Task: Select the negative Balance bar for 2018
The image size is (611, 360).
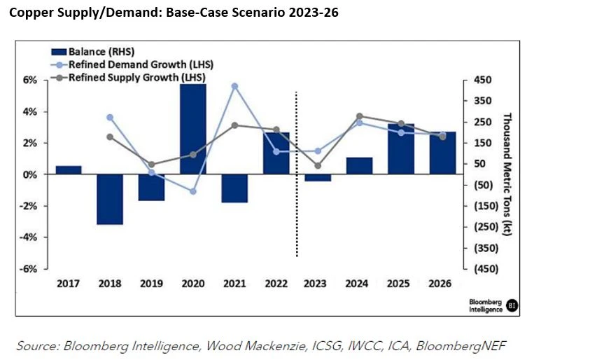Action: tap(110, 199)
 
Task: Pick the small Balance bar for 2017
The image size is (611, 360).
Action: tap(69, 170)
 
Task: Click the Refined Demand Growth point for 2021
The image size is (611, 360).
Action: tap(234, 86)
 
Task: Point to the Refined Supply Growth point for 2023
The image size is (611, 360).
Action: tap(318, 166)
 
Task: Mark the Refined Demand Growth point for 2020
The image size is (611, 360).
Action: tap(193, 191)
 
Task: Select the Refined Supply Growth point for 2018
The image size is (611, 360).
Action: tap(110, 137)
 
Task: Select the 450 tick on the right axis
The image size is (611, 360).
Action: tap(483, 81)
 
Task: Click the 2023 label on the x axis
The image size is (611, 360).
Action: tap(318, 284)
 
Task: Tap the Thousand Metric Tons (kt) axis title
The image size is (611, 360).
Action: tap(508, 174)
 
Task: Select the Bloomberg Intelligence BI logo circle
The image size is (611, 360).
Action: tap(513, 305)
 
